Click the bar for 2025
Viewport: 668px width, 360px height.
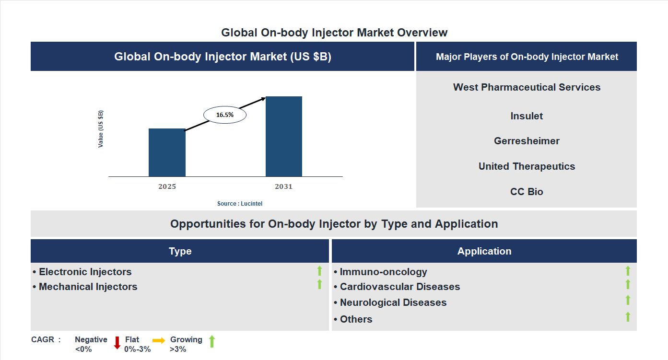167,152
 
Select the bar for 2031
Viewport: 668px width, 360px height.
284,136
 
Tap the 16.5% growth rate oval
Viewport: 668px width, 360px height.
224,115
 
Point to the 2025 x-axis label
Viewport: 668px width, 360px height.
167,186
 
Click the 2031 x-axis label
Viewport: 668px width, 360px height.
283,186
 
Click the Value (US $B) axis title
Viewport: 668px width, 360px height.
101,129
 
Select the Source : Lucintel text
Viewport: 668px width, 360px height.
240,204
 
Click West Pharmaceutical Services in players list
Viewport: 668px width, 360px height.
527,87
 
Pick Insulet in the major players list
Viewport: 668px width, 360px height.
527,116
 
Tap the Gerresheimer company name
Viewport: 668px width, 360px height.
527,141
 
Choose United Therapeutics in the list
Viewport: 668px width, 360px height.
527,166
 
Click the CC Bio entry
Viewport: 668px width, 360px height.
527,192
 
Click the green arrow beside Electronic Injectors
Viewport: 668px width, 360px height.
319,271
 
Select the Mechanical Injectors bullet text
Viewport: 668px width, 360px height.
88,287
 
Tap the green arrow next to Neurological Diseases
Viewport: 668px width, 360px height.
628,300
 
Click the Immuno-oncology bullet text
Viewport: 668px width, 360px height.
383,272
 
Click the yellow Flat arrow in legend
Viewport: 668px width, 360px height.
159,340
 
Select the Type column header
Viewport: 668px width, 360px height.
180,251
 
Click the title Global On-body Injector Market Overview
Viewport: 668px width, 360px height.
334,33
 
